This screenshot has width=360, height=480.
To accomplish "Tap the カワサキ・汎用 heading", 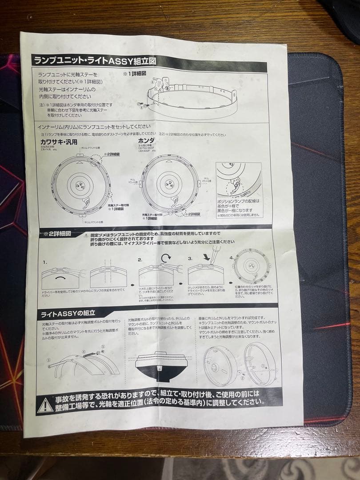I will click(59, 142).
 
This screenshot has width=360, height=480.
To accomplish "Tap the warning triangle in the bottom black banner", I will click(45, 404).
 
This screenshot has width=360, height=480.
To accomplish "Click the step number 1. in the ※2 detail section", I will click(45, 262).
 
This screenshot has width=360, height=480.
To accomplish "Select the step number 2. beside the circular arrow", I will click(140, 260).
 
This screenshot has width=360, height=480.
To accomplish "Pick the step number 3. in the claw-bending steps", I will click(190, 258).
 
